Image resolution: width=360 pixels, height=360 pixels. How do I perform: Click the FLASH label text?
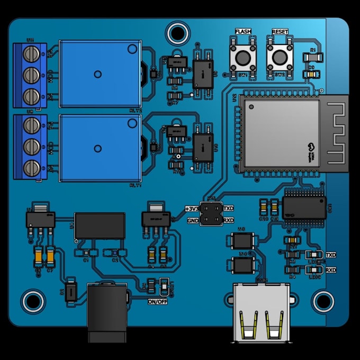pyautogui.click(x=243, y=32)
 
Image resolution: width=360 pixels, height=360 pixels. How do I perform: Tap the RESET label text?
pyautogui.click(x=280, y=32)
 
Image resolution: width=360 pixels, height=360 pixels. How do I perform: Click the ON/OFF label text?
pyautogui.click(x=158, y=302)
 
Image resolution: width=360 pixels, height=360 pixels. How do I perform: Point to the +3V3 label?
pyautogui.click(x=192, y=209)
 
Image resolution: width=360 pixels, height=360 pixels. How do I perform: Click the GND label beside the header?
pyautogui.click(x=193, y=220)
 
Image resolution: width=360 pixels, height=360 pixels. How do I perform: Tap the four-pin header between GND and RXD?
pyautogui.click(x=212, y=214)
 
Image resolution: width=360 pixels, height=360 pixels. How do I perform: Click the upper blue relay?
pyautogui.click(x=99, y=74)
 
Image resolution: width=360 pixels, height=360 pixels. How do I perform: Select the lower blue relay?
pyautogui.click(x=99, y=148)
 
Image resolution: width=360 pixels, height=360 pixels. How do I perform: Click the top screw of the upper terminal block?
pyautogui.click(x=33, y=53)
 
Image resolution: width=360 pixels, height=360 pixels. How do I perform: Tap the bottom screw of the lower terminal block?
pyautogui.click(x=33, y=167)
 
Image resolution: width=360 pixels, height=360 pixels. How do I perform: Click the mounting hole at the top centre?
pyautogui.click(x=177, y=33)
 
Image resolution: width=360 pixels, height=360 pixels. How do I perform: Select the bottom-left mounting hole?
pyautogui.click(x=33, y=301)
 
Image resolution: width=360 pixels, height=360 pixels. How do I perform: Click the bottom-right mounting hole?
pyautogui.click(x=323, y=301)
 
